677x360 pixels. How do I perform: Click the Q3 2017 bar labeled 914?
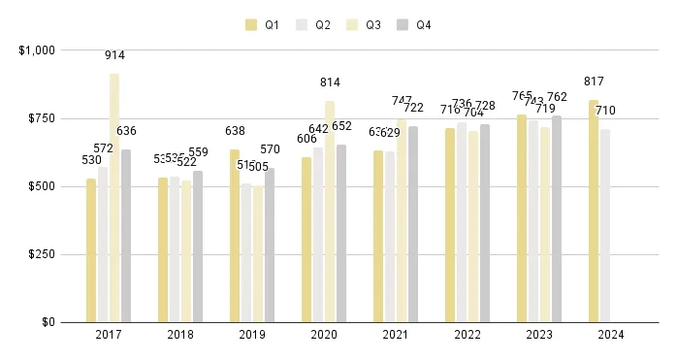(114, 198)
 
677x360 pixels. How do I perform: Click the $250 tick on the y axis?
(42, 254)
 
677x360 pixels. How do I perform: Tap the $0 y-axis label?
(48, 322)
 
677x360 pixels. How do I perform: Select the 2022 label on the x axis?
(467, 335)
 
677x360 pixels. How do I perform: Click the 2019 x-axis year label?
(252, 335)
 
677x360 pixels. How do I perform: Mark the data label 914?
(114, 56)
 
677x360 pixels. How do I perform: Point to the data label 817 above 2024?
(594, 82)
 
